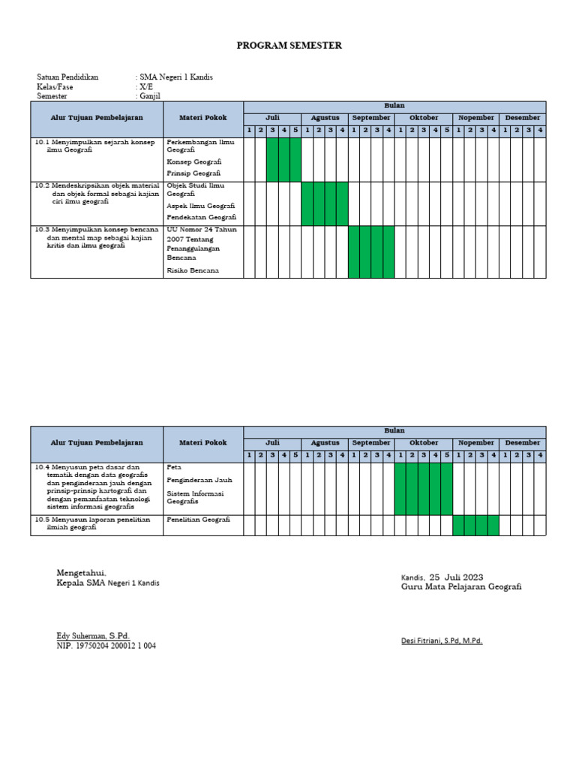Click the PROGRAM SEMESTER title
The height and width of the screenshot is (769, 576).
pyautogui.click(x=289, y=46)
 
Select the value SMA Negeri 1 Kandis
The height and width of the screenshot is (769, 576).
pyautogui.click(x=175, y=77)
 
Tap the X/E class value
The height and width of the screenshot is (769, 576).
pyautogui.click(x=145, y=87)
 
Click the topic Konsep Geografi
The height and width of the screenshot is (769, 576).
pyautogui.click(x=193, y=161)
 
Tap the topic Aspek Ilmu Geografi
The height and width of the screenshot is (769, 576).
pyautogui.click(x=201, y=205)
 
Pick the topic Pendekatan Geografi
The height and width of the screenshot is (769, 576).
pyautogui.click(x=202, y=217)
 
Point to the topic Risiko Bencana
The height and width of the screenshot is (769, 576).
pyautogui.click(x=193, y=270)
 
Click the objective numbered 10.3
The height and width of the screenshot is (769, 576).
pyautogui.click(x=96, y=237)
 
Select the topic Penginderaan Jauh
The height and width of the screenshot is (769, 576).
pyautogui.click(x=199, y=479)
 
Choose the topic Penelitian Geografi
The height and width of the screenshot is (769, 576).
pyautogui.click(x=198, y=520)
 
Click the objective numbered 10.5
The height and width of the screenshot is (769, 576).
pyautogui.click(x=96, y=524)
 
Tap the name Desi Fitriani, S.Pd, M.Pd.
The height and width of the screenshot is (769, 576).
pyautogui.click(x=442, y=641)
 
